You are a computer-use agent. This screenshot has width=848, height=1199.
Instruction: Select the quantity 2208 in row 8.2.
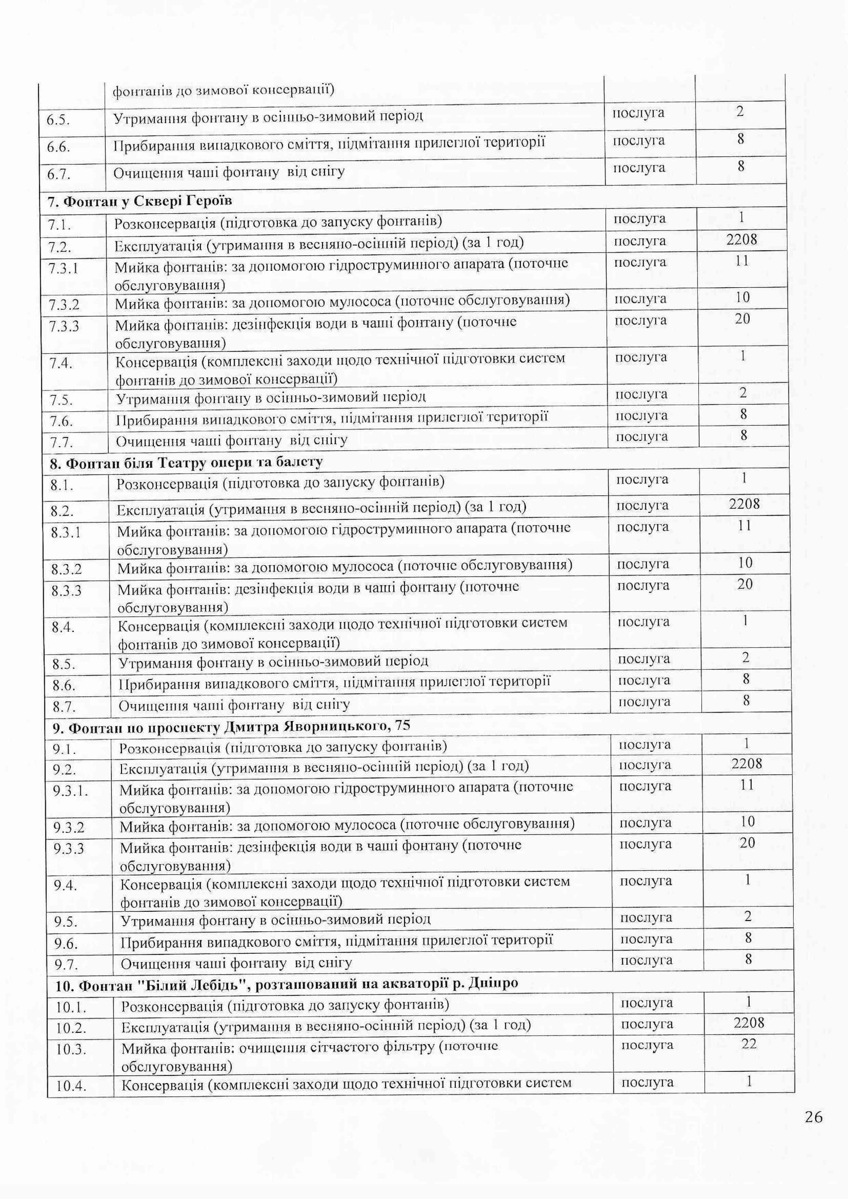point(744,504)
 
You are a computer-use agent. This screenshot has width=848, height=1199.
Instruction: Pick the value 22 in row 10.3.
point(748,1043)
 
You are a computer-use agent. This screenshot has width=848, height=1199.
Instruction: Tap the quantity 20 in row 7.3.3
point(742,318)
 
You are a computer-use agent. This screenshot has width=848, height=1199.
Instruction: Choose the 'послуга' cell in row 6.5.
point(638,113)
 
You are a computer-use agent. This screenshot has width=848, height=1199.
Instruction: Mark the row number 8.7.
point(63,707)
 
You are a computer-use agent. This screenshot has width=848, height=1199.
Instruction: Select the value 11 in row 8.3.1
point(744,525)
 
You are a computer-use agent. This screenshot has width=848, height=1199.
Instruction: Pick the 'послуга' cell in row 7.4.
point(641,357)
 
